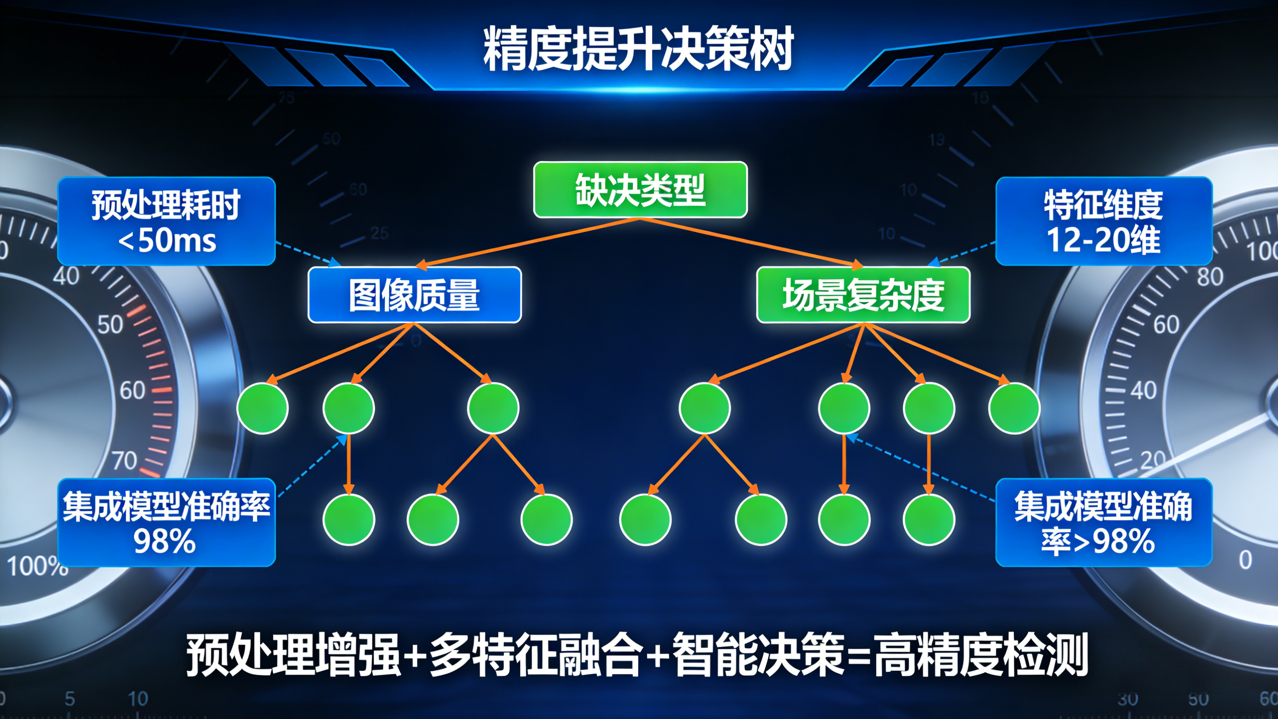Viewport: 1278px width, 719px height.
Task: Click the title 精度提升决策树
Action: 639,50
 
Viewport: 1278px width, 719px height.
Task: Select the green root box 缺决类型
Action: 640,190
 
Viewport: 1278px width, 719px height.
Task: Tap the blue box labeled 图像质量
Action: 414,295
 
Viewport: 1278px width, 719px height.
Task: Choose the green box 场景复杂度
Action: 863,295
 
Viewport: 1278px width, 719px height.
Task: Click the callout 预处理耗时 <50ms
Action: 166,221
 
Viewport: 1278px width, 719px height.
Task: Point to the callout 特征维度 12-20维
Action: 1104,221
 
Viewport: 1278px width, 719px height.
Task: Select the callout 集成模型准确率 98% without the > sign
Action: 166,522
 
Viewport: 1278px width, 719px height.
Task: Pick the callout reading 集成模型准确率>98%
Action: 1104,522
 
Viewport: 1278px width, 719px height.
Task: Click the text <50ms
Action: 167,241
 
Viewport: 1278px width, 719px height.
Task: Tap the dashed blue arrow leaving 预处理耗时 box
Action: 308,253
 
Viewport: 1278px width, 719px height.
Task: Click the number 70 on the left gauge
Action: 124,461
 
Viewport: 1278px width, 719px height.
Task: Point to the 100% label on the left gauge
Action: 37,566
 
